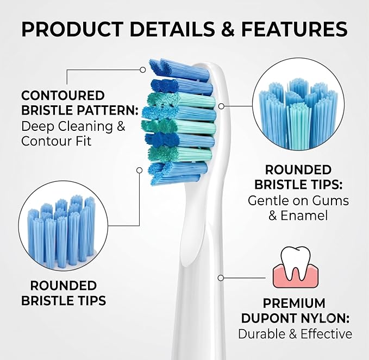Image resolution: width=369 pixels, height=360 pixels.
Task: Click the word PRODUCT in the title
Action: click(72, 29)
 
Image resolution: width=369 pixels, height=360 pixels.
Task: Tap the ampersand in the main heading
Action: click(228, 29)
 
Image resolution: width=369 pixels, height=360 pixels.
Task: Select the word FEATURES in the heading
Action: click(295, 29)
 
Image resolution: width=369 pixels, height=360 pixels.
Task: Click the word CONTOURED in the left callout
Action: click(63, 96)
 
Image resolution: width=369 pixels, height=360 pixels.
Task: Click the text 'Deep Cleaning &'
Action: click(73, 127)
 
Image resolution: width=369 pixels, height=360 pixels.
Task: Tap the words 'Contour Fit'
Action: click(56, 141)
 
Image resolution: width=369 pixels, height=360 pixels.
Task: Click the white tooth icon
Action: click(296, 262)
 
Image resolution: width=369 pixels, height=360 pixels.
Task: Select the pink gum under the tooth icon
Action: click(296, 276)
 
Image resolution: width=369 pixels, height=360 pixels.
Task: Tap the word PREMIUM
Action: click(294, 304)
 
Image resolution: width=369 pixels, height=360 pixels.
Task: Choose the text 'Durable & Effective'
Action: click(295, 334)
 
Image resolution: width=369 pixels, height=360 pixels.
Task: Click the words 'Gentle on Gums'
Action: click(298, 200)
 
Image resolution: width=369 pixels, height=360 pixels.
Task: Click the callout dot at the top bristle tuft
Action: click(142, 70)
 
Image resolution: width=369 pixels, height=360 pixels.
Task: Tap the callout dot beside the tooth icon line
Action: click(221, 278)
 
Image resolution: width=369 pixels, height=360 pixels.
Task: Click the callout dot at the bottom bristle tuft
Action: click(140, 170)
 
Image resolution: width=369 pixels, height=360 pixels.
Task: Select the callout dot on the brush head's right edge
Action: click(221, 106)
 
